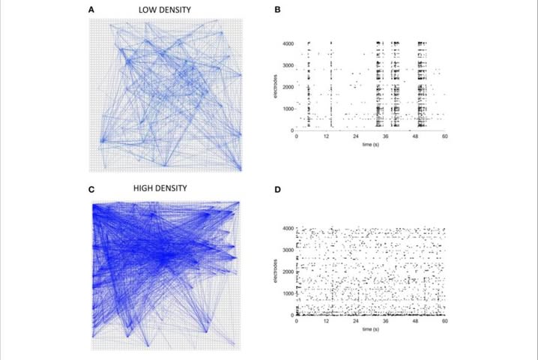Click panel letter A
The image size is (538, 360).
91,10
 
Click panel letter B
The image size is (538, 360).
279,10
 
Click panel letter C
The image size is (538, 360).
91,188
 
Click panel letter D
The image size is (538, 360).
279,189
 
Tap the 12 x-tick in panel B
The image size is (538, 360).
327,136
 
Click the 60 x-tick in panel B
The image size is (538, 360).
445,136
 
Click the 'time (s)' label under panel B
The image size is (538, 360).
371,144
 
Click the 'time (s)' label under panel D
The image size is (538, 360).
371,329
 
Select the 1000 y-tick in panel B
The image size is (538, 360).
287,109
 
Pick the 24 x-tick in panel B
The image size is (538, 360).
356,136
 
